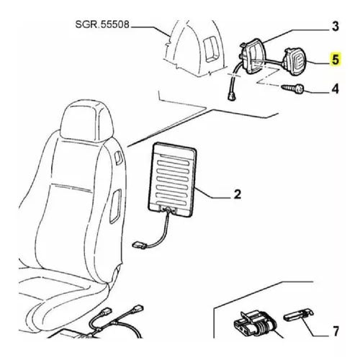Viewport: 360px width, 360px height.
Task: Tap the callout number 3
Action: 334,27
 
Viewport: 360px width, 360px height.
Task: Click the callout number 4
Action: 334,90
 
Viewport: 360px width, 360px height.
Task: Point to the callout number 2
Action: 238,194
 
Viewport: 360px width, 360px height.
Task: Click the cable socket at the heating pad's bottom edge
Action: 171,210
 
